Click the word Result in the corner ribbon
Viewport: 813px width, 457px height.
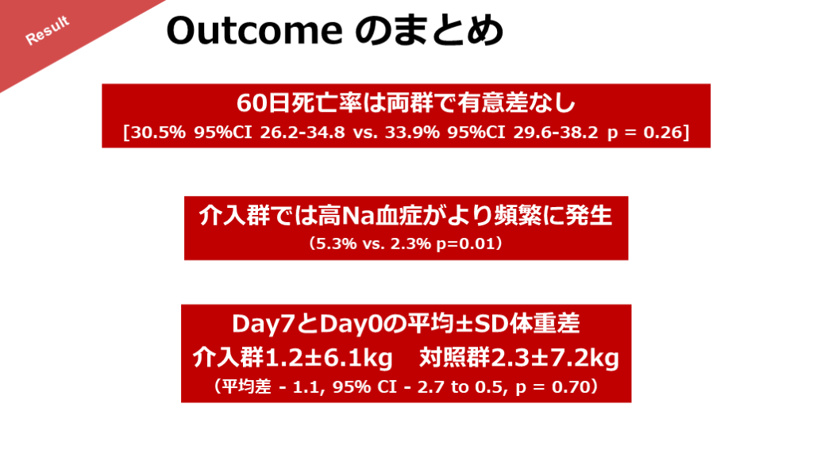pyautogui.click(x=47, y=31)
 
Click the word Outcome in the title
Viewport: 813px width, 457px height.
pyautogui.click(x=255, y=31)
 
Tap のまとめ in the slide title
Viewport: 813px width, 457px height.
pyautogui.click(x=430, y=31)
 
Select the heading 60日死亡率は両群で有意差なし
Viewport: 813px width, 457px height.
pyautogui.click(x=406, y=103)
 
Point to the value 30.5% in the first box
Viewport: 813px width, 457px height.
pyautogui.click(x=158, y=132)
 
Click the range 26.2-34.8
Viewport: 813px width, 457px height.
pyautogui.click(x=302, y=132)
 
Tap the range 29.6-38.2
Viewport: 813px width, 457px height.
pyautogui.click(x=556, y=132)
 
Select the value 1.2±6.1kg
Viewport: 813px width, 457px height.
pyautogui.click(x=328, y=358)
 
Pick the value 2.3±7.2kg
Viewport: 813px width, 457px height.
pyautogui.click(x=555, y=358)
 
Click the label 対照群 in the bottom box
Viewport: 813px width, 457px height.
pyautogui.click(x=454, y=358)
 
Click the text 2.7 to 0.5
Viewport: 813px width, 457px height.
pyautogui.click(x=460, y=386)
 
